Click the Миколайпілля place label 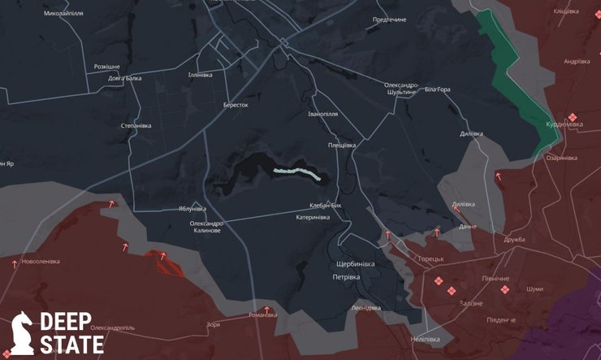coord(63,14)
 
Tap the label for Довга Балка coord(125,79)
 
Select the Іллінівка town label coord(200,75)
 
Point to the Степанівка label coord(136,126)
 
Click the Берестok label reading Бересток coord(236,105)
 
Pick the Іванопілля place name coord(322,115)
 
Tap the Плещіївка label coord(341,145)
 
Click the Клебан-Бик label coord(326,206)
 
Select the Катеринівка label coord(313,217)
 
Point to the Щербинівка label coord(355,264)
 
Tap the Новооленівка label coord(41,262)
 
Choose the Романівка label coord(264,314)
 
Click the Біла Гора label coord(437,89)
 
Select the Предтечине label coord(389,20)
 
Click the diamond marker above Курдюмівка coord(573,117)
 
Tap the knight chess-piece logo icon coord(22,333)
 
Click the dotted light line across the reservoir coord(296,172)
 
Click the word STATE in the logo coord(72,345)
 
